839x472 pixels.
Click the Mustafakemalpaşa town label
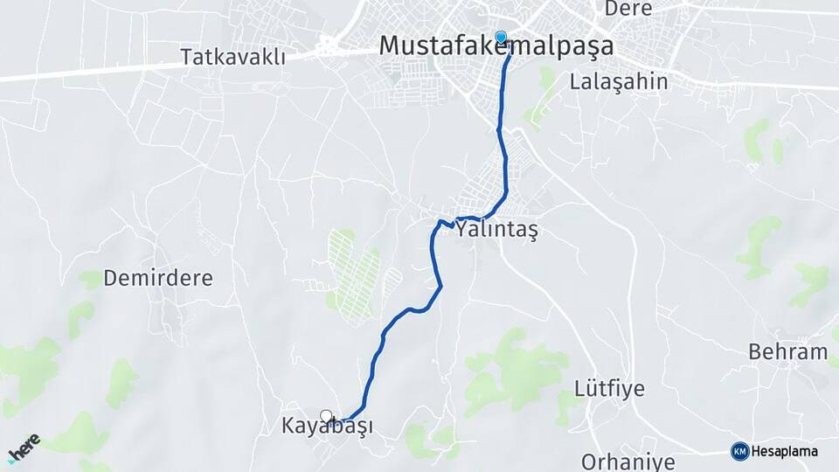(x=496, y=46)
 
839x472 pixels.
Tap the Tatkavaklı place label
(x=233, y=58)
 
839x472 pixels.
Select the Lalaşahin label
(x=618, y=83)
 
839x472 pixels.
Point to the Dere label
(x=628, y=9)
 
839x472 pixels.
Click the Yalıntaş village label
(x=496, y=230)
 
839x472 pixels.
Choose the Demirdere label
(x=158, y=279)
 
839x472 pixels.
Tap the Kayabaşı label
(x=327, y=427)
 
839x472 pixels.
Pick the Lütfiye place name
(x=609, y=389)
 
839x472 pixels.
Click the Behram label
(x=787, y=352)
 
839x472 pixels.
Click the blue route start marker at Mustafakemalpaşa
(x=501, y=37)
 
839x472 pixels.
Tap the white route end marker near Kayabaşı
(x=326, y=416)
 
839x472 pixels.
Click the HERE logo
(x=24, y=448)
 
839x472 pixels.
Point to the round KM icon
(x=739, y=451)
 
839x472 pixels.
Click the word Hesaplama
(x=785, y=451)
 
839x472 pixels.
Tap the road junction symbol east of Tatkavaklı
(x=328, y=44)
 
